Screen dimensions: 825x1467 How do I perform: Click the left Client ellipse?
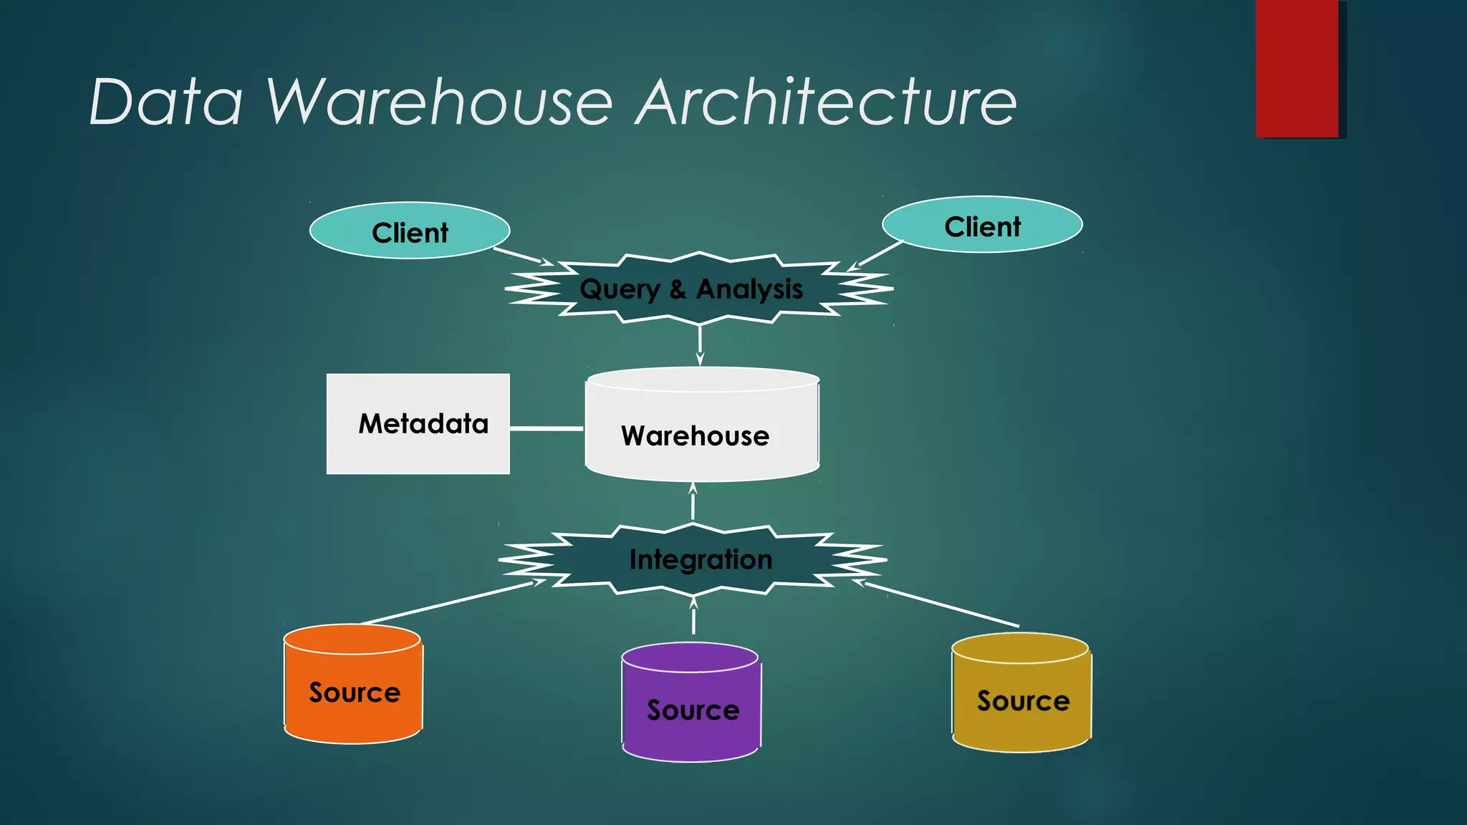point(409,231)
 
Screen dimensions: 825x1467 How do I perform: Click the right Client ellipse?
point(981,225)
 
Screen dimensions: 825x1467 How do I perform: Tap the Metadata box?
point(418,424)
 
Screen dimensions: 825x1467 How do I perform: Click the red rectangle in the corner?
point(1297,68)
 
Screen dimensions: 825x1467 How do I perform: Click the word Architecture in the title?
point(826,102)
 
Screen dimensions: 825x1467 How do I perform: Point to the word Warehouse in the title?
point(439,102)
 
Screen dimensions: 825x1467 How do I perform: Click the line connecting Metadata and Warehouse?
point(547,428)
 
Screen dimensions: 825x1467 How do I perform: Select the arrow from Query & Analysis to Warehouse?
point(700,344)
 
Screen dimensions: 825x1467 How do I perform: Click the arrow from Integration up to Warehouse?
point(693,502)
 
